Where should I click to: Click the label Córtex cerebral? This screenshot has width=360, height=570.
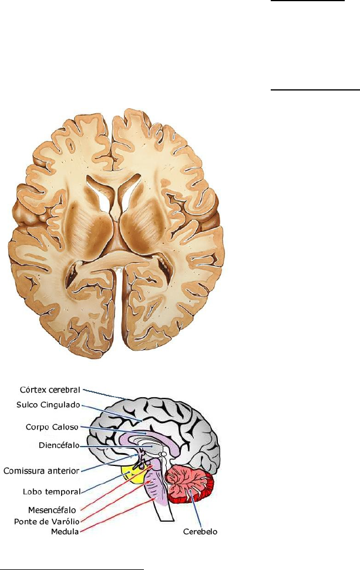click(49, 390)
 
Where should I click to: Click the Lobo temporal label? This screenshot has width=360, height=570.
click(52, 491)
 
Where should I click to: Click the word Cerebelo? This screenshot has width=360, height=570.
click(199, 532)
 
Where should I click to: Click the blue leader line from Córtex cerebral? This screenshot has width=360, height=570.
click(109, 394)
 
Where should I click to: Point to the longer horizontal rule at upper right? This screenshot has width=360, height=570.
click(315, 90)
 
